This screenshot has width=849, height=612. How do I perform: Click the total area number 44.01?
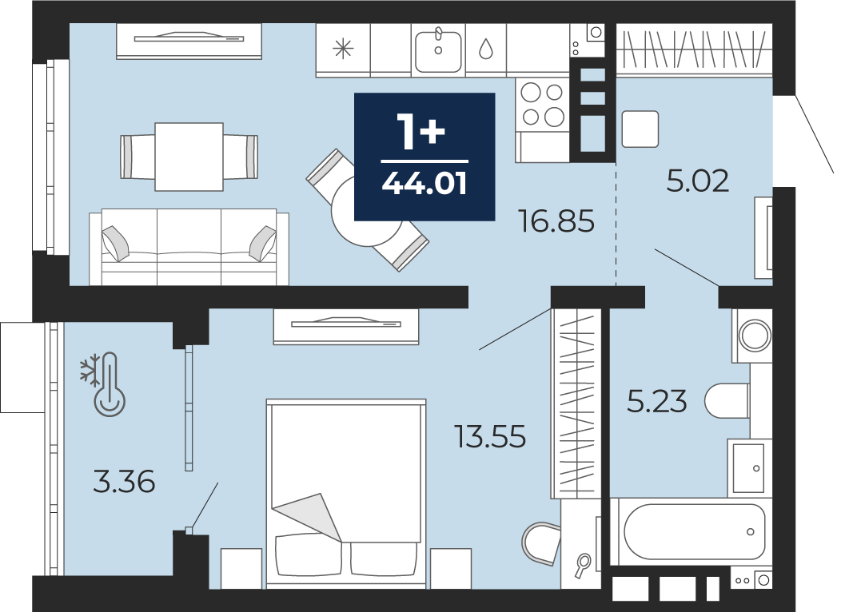tap(424, 185)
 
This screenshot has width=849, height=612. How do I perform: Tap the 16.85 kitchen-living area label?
tap(556, 221)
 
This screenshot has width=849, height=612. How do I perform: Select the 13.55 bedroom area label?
tap(490, 437)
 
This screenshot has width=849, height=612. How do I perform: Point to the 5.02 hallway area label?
tap(697, 181)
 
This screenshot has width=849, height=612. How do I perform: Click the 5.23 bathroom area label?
tap(657, 402)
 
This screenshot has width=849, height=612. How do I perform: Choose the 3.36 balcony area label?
tap(124, 481)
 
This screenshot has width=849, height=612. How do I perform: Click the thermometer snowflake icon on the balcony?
tap(104, 384)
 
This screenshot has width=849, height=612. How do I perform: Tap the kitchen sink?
tap(438, 50)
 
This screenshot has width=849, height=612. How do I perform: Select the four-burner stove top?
tap(542, 105)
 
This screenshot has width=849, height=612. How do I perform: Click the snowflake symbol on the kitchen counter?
tap(343, 50)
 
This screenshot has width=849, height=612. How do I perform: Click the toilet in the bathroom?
tap(727, 401)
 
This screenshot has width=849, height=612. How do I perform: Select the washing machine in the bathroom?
tap(752, 336)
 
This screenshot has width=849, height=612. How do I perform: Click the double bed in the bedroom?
tap(346, 494)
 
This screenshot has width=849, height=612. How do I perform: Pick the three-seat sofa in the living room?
tap(189, 248)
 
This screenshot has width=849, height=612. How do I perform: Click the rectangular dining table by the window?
tap(189, 157)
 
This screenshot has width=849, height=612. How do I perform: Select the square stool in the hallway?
tap(640, 129)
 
